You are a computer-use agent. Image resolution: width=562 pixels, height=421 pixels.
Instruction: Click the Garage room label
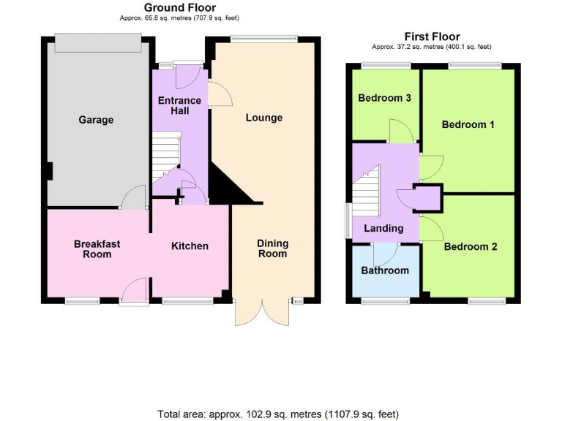coord(96,120)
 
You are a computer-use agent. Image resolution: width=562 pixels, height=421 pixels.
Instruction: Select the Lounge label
coord(263,118)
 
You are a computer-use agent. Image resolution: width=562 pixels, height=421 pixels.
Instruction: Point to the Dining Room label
coord(272,249)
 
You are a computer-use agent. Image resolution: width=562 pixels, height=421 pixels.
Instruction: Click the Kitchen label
coord(190,246)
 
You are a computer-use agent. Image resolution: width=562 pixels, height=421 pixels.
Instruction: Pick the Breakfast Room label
coord(97,249)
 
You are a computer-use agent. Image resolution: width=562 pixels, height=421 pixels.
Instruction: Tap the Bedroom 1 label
coord(468,124)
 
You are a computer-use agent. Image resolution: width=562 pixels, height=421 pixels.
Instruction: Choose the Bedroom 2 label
coord(471,247)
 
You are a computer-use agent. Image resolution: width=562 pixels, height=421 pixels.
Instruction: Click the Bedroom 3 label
coord(384,99)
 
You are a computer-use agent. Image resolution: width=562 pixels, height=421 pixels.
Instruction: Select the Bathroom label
coord(385,270)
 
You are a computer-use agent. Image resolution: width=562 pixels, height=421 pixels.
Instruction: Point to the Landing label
coord(383,229)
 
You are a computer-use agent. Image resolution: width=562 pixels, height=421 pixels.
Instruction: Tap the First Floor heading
coord(432,37)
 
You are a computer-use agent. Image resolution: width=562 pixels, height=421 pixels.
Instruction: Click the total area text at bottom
coord(278,414)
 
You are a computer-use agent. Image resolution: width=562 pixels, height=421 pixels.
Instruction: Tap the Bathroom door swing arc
coord(385,254)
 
